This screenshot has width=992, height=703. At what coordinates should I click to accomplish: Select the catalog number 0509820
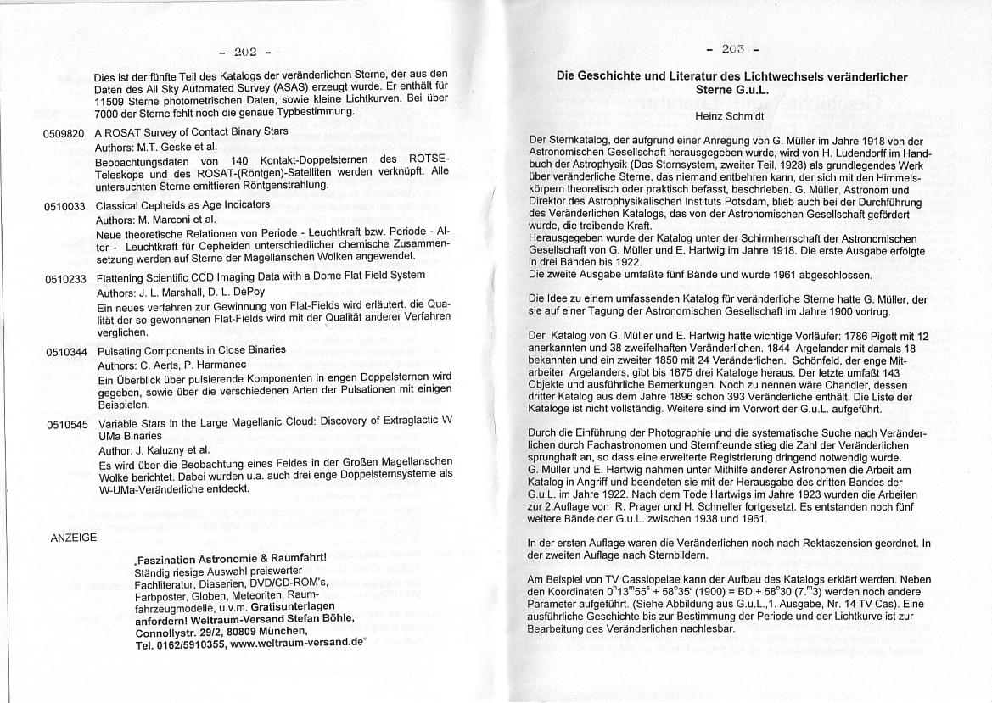tap(64, 134)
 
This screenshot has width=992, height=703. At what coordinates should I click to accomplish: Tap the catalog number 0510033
tap(64, 206)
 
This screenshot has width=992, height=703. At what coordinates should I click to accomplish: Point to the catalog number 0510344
tap(66, 351)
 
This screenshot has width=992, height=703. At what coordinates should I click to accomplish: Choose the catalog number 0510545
tap(67, 423)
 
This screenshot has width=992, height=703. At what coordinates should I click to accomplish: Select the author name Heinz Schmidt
tap(731, 115)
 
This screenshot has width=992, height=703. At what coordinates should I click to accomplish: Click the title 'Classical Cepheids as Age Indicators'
tap(182, 205)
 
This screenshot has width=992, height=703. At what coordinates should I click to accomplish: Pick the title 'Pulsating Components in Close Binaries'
tap(191, 349)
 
